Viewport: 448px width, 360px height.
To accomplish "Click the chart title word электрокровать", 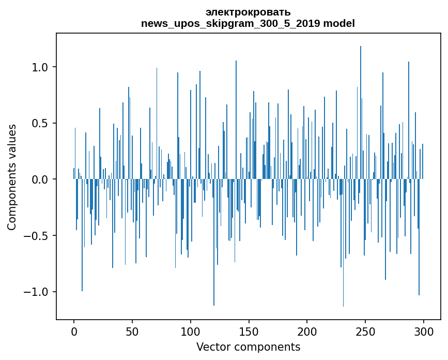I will pos(248,12).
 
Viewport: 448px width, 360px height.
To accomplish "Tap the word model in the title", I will pos(340,24).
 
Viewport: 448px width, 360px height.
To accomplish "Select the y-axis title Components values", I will pos(12,177).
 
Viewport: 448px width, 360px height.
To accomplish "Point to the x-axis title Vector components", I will pos(248,347).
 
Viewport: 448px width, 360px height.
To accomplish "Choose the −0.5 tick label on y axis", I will pos(37,236).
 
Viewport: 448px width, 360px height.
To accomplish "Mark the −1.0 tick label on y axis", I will pos(37,292).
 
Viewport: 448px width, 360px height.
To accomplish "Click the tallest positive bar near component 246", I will pos(361,103).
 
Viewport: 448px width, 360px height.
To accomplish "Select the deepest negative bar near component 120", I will pos(214,248).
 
